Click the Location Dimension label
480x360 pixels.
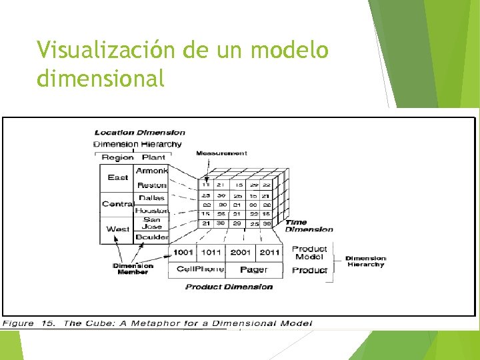point(139,133)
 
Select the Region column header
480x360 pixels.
point(117,158)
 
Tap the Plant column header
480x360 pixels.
point(153,158)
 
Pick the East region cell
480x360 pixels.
point(117,177)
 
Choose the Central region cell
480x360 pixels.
point(117,204)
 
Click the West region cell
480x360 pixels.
point(117,229)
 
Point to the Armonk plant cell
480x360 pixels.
point(152,171)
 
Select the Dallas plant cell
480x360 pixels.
point(152,198)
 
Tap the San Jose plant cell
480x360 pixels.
point(152,223)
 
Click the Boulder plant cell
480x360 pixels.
point(152,237)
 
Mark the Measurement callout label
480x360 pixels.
point(221,153)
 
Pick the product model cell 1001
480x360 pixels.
point(183,253)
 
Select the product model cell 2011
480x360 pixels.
point(269,253)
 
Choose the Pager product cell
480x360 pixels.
point(254,269)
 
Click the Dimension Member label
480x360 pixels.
point(133,269)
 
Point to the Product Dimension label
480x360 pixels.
point(229,287)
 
